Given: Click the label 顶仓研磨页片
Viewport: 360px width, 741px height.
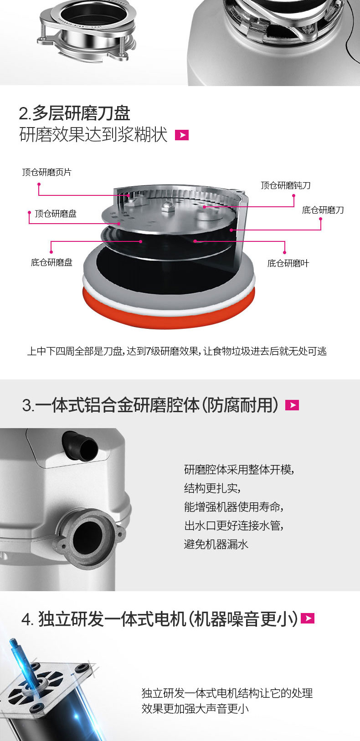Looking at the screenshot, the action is [x=46, y=172].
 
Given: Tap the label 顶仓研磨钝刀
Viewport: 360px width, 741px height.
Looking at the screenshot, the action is [x=286, y=185].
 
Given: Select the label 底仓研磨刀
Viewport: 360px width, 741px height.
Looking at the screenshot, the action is [x=323, y=210].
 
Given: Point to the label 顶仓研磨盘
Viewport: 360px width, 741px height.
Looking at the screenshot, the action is [x=56, y=214].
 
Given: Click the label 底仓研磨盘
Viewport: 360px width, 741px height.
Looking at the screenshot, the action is [x=51, y=262].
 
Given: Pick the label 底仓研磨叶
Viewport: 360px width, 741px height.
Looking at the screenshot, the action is [x=288, y=263].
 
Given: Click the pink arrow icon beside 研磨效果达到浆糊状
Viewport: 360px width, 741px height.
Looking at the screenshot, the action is [x=182, y=135].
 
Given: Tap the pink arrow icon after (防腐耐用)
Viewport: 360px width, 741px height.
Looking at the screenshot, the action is [x=292, y=405].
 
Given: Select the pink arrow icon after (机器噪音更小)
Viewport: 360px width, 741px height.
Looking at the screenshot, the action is [x=308, y=618].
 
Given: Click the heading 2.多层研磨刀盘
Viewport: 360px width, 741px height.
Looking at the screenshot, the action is [x=74, y=113].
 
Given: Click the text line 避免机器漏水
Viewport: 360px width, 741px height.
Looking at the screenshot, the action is [x=216, y=544].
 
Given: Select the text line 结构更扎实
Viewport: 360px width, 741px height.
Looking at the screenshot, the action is [x=212, y=488].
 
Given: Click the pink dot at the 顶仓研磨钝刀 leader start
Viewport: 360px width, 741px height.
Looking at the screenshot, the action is [x=293, y=195].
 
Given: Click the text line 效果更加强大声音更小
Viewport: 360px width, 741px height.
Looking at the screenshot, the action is [x=195, y=709].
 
